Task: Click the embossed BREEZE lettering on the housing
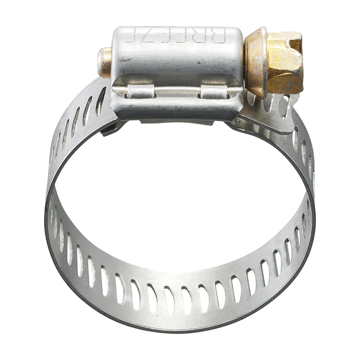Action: (x=175, y=36)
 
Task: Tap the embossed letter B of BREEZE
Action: (x=220, y=36)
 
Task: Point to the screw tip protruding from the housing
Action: (x=104, y=62)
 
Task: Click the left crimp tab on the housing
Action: (x=140, y=91)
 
